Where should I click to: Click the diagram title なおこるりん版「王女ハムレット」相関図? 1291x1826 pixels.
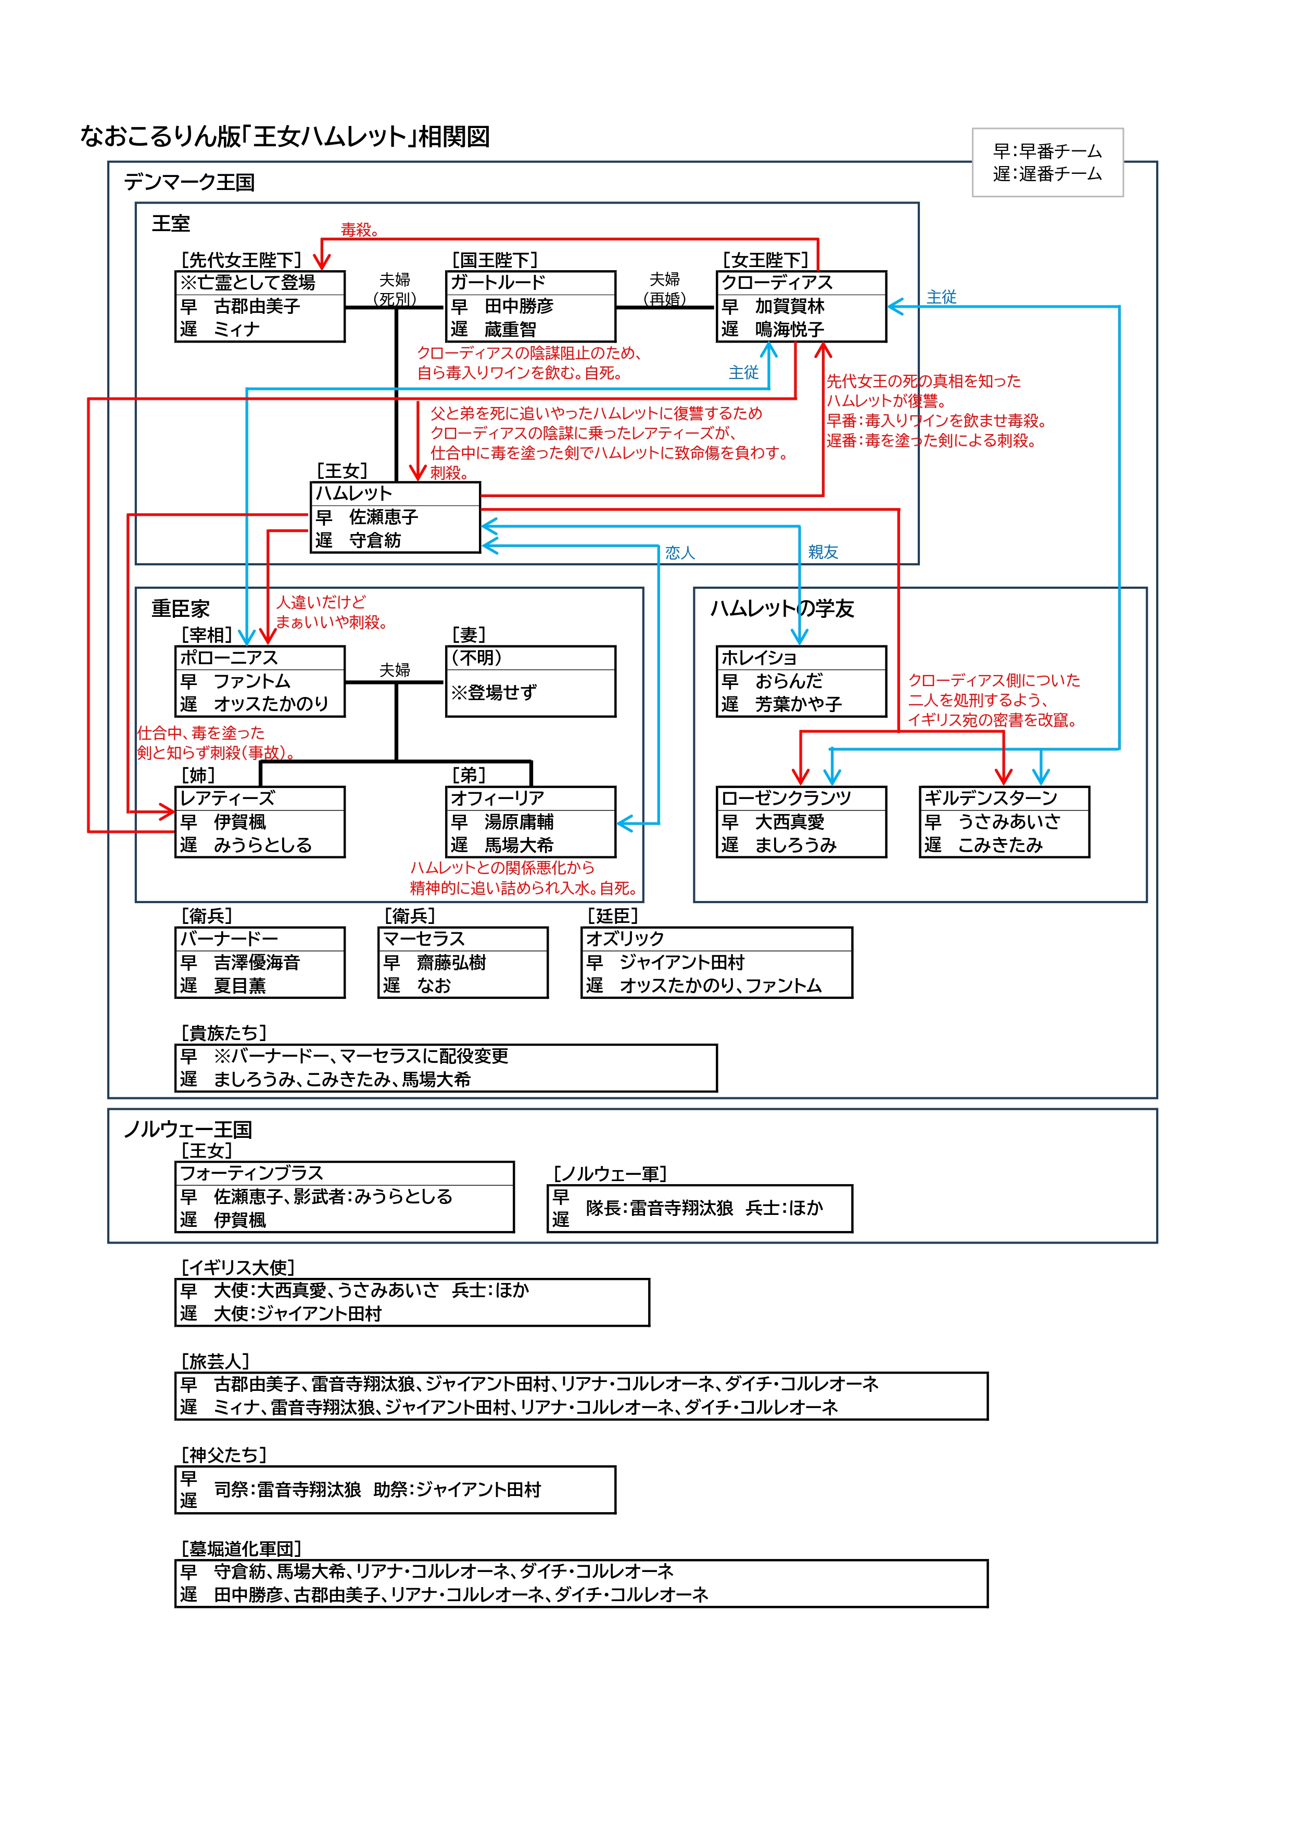(285, 137)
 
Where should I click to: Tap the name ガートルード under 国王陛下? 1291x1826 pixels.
(498, 282)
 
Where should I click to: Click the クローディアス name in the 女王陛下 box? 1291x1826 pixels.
(776, 282)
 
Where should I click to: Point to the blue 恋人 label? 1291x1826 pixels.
(679, 553)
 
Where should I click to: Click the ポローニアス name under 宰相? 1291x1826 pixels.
(229, 658)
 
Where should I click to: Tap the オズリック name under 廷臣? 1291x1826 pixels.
(625, 939)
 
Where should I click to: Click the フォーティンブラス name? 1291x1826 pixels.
(251, 1173)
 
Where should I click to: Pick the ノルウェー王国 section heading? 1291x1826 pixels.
(188, 1130)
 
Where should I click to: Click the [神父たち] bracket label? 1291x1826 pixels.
(223, 1454)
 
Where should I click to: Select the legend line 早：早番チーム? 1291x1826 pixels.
(1047, 151)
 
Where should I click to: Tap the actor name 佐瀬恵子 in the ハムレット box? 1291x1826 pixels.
(384, 517)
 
